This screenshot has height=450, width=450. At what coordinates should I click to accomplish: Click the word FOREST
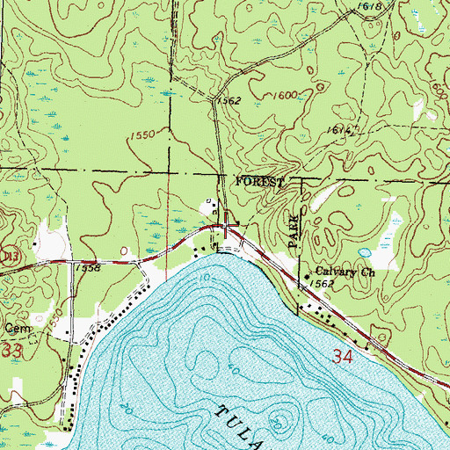click(x=259, y=181)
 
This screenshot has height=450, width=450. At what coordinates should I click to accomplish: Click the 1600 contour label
click(x=283, y=95)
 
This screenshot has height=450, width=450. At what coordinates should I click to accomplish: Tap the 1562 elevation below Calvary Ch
click(x=323, y=286)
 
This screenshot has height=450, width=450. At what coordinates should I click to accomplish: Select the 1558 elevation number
click(x=87, y=267)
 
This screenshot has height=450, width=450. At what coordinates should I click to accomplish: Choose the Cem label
click(x=13, y=328)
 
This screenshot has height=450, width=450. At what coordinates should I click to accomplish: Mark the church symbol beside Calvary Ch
click(x=307, y=278)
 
